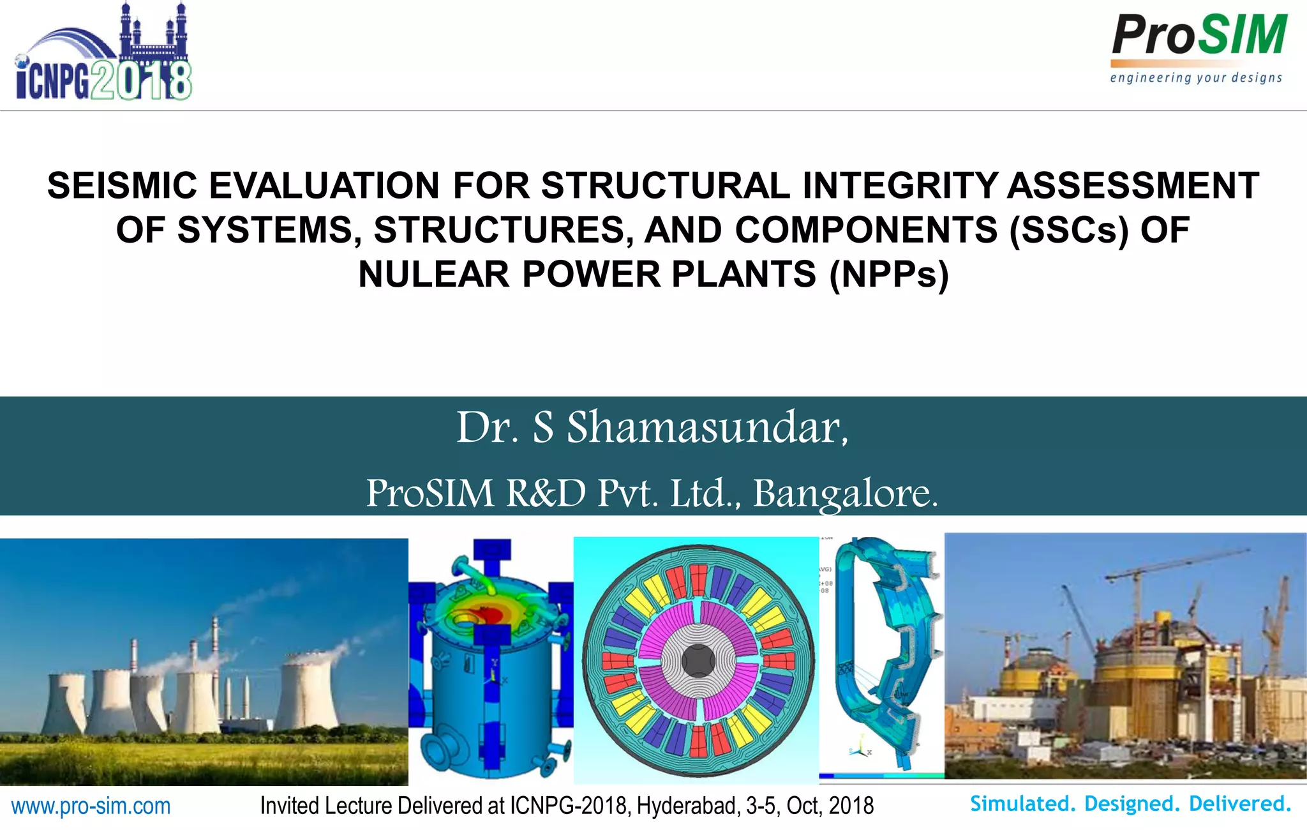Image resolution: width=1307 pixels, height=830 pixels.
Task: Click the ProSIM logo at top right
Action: pyautogui.click(x=1199, y=36)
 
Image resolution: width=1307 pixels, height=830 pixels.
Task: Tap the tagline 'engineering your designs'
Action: pyautogui.click(x=1196, y=78)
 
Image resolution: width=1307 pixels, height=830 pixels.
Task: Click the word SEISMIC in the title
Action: pyautogui.click(x=123, y=186)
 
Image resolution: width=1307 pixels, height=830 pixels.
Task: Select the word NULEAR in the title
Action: pyautogui.click(x=434, y=275)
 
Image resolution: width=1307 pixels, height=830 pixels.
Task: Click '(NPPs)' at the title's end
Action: pyautogui.click(x=889, y=275)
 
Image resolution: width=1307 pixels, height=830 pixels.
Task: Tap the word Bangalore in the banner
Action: pyautogui.click(x=845, y=493)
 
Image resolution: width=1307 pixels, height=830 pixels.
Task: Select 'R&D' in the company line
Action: pyautogui.click(x=546, y=493)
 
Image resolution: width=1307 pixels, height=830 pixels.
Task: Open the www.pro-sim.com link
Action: pyautogui.click(x=91, y=806)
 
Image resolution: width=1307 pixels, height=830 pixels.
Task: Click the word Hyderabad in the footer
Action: pyautogui.click(x=687, y=806)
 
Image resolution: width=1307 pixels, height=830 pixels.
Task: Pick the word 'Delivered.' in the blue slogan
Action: pyautogui.click(x=1240, y=803)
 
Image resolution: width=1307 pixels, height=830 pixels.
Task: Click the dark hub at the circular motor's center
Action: pyautogui.click(x=698, y=660)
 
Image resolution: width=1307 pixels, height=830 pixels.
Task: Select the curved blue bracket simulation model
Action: pyautogui.click(x=887, y=651)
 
